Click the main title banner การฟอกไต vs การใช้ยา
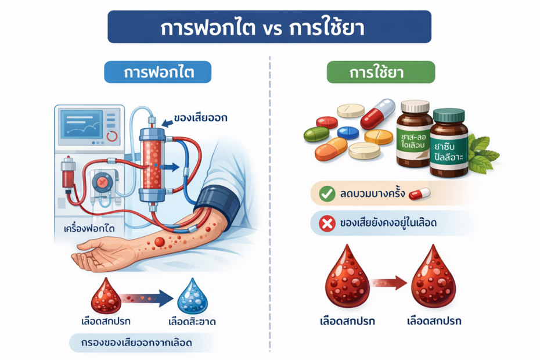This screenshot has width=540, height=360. [269, 27]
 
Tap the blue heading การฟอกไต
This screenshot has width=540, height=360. [157, 72]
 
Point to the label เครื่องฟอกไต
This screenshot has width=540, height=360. [89, 228]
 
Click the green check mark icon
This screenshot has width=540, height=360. [327, 194]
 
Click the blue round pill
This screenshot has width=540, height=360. [348, 132]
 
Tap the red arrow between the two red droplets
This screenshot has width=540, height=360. [389, 283]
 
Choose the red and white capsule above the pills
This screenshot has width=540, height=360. [378, 113]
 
